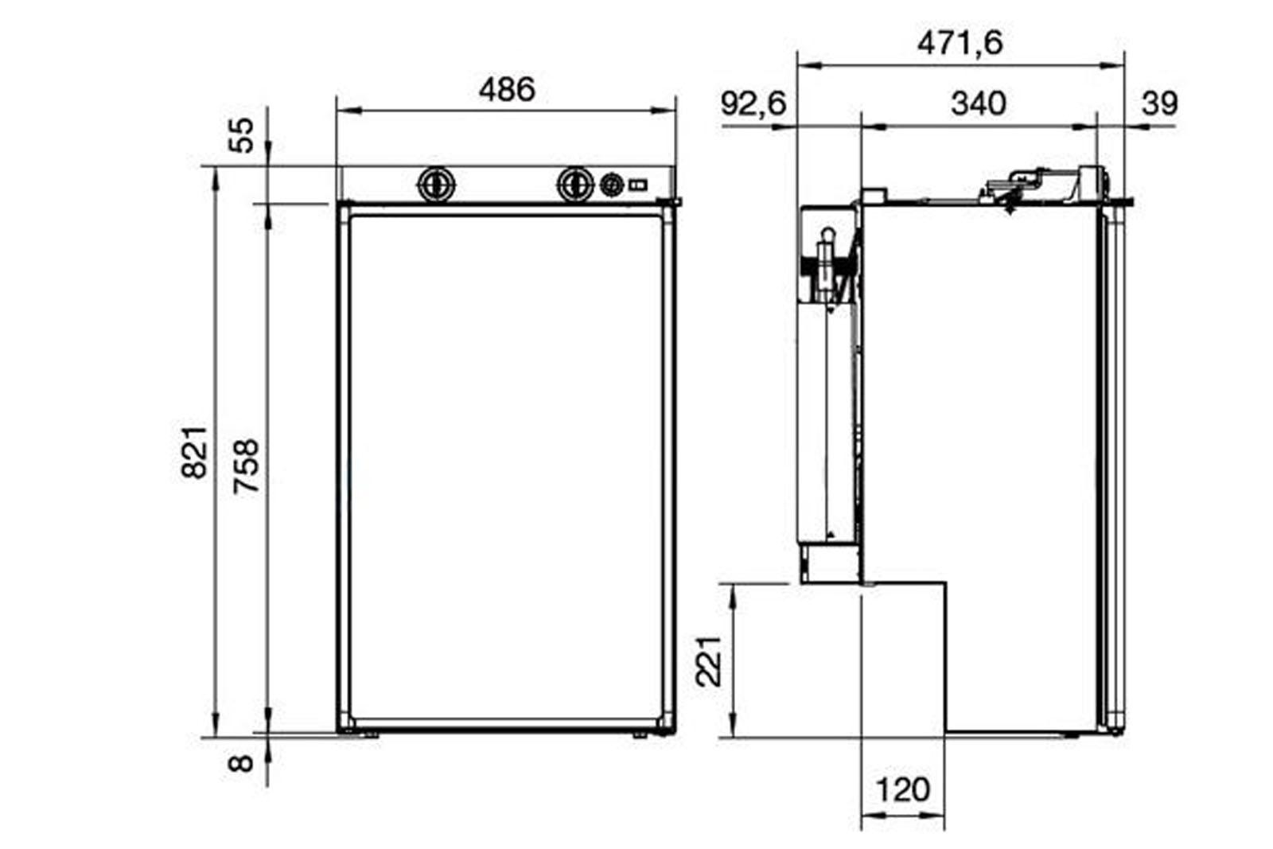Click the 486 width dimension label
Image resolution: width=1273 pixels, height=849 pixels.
coord(507,89)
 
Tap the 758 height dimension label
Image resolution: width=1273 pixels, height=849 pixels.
coord(247,466)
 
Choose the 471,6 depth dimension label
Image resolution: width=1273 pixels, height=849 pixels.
coord(960,43)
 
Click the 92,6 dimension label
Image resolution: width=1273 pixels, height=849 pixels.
coord(753,103)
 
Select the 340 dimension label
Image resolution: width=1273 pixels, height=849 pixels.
coord(979,103)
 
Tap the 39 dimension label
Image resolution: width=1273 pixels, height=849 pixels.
coord(1159,103)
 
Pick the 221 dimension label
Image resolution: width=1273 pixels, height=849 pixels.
coord(709,661)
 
